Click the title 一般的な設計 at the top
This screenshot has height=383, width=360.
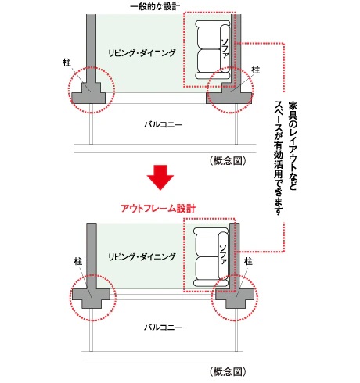click(155, 6)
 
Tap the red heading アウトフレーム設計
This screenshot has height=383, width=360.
click(158, 209)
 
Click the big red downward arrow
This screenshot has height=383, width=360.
click(160, 177)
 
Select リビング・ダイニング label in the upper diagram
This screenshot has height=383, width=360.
click(142, 53)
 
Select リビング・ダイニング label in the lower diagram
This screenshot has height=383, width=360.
click(142, 257)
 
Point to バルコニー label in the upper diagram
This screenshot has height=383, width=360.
click(163, 124)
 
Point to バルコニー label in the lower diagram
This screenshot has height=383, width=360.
click(163, 328)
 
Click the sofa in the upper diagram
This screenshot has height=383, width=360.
click(213, 49)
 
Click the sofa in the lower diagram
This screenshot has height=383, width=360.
click(211, 257)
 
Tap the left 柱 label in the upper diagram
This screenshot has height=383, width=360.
click(67, 63)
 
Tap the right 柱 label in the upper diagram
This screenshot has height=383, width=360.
click(255, 70)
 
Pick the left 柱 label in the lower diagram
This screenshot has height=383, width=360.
click(78, 261)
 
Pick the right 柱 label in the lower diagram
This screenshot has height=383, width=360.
click(248, 261)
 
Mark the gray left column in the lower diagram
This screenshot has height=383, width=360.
click(91, 297)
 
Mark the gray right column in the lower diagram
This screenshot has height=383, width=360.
click(235, 297)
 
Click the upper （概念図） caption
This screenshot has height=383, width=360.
click(228, 161)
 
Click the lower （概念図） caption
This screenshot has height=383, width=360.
click(228, 371)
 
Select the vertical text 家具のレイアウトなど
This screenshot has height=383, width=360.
click(293, 146)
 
